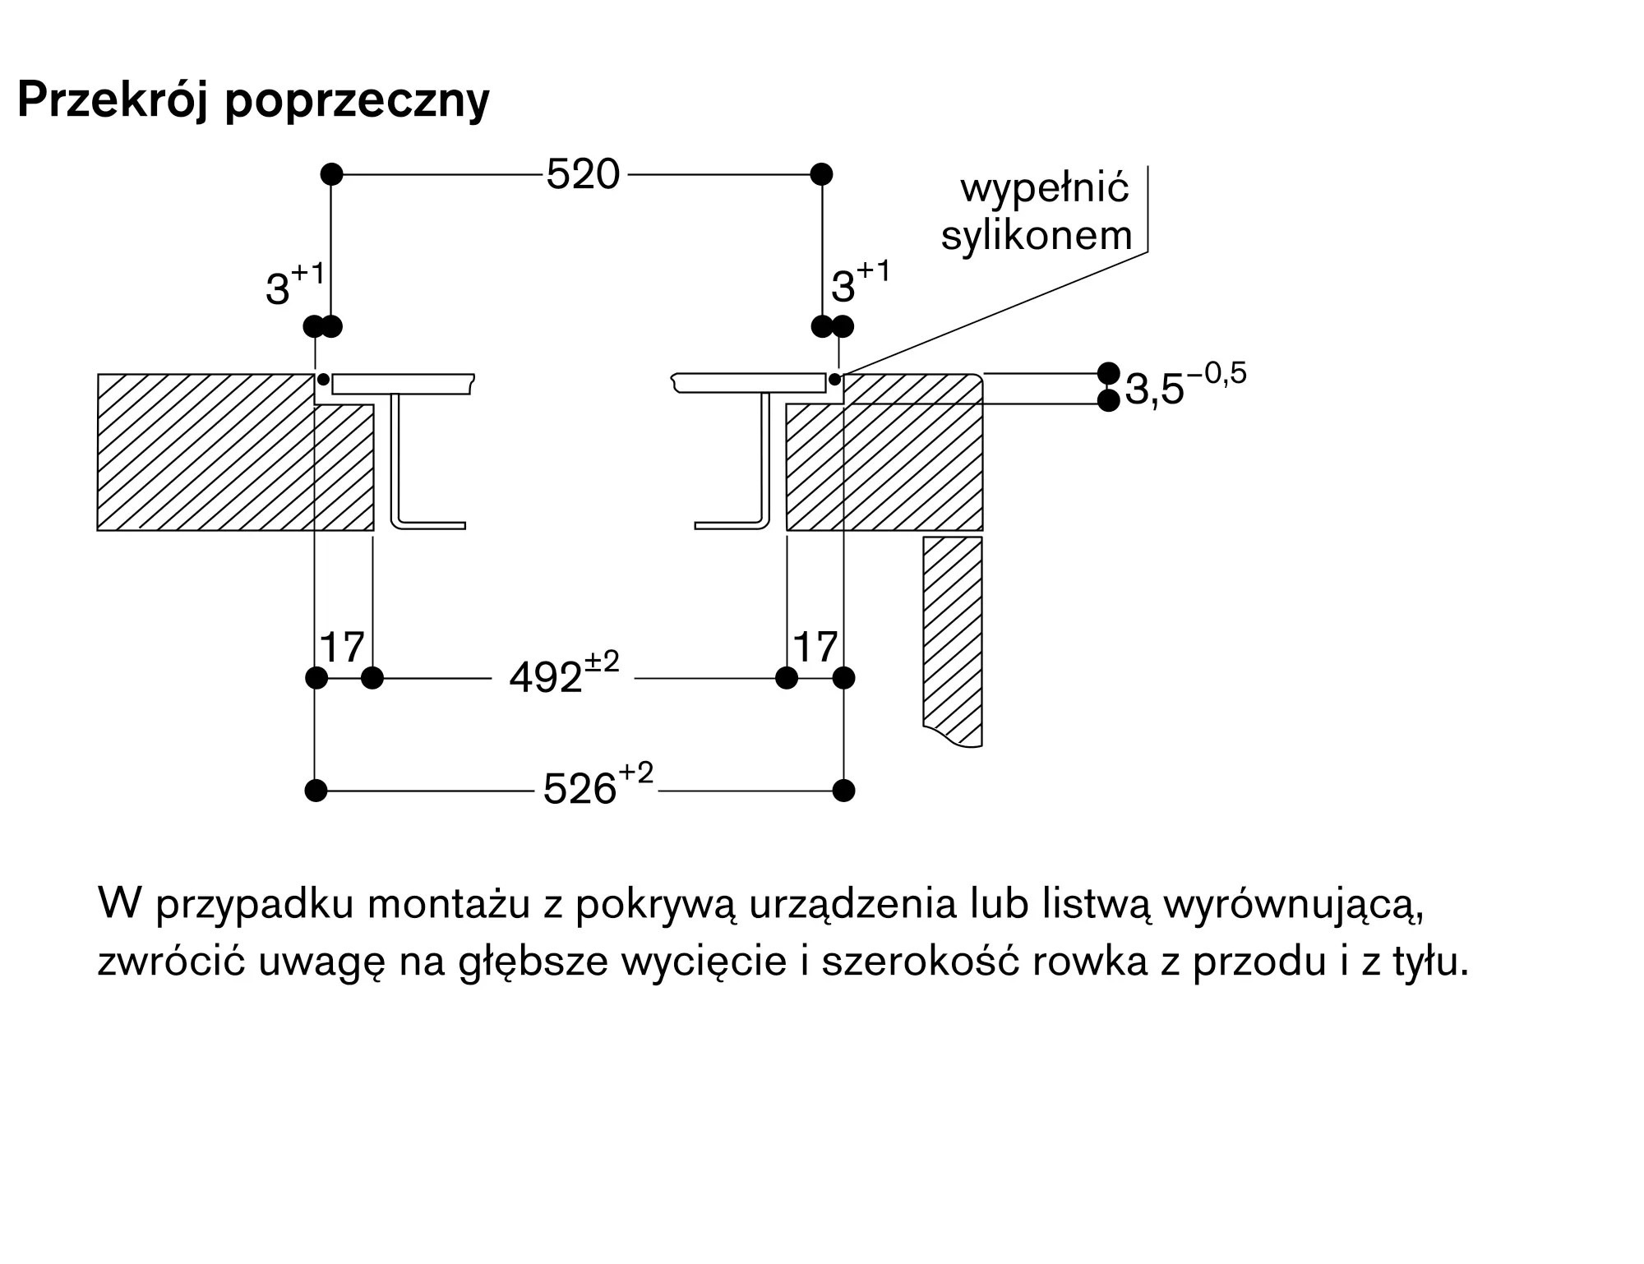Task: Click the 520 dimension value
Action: coord(583,175)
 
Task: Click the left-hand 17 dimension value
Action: coord(342,648)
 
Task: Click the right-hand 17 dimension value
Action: coord(815,648)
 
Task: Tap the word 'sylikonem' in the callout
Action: coord(1037,236)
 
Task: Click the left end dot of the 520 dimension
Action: coord(331,174)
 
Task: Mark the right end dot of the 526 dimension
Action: coord(844,791)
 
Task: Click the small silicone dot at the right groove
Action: coord(835,379)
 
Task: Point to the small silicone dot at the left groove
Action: coord(324,379)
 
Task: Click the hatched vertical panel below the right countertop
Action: coord(953,641)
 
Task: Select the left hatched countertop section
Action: coord(235,453)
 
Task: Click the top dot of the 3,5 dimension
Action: coord(1109,373)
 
